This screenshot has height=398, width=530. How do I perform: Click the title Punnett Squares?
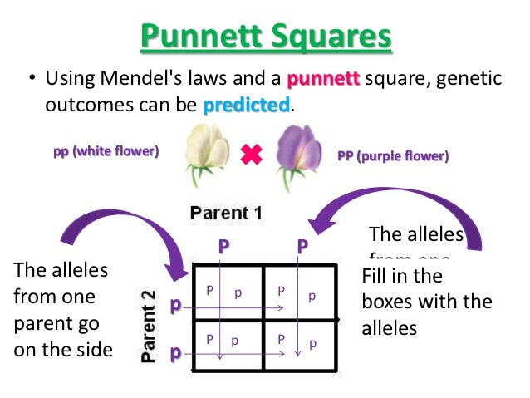(x=265, y=38)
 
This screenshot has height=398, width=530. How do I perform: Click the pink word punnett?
(x=322, y=80)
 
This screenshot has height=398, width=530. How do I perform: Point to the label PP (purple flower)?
(x=393, y=155)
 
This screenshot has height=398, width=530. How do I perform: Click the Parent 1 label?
(x=226, y=213)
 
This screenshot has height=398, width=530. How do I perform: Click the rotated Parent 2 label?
(x=147, y=322)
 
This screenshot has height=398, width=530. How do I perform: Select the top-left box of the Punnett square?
(x=228, y=292)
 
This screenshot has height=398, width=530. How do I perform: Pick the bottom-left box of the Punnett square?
(x=228, y=341)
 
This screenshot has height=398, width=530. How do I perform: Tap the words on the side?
(x=62, y=349)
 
